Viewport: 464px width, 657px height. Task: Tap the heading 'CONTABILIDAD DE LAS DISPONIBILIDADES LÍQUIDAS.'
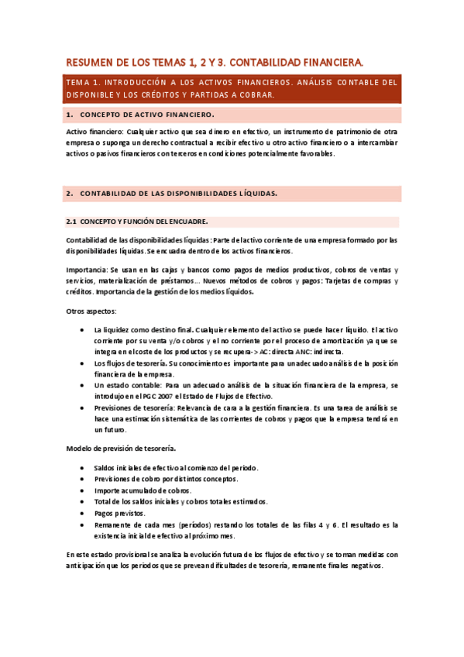pos(179,193)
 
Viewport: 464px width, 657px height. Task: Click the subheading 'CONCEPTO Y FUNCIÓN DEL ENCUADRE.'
pos(144,221)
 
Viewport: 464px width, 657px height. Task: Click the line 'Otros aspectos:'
pos(91,311)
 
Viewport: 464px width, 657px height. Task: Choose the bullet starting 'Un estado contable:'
pos(128,384)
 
